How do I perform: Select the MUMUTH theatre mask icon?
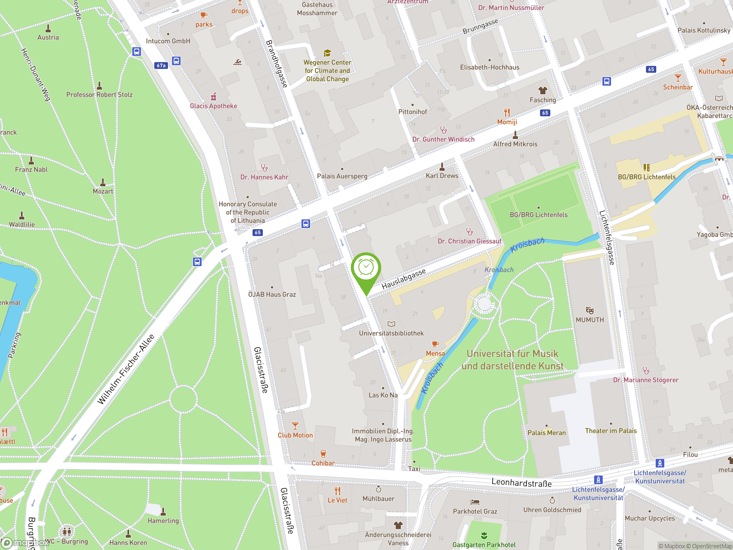590,311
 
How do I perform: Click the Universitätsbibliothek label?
391,333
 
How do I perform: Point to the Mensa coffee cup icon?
435,344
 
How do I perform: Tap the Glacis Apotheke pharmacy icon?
214,97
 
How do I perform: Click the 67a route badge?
161,65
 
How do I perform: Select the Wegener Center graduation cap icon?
327,53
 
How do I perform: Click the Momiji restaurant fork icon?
507,113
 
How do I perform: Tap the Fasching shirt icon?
543,91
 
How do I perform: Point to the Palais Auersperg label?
342,176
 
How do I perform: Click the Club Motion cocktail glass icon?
295,426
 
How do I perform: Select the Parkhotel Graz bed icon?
475,502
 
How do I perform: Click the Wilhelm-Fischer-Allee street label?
126,370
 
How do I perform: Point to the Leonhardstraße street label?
521,482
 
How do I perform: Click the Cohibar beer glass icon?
323,453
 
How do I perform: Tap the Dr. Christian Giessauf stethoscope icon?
469,231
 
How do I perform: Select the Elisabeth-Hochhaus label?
489,67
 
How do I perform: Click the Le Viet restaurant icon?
337,491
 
